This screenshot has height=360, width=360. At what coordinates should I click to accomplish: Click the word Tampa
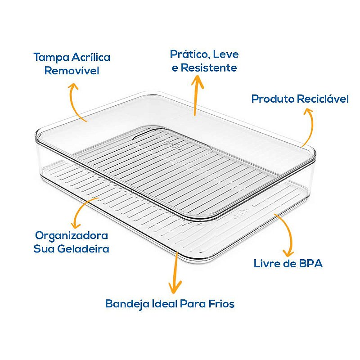click(51, 58)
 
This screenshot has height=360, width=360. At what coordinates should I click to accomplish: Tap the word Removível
click(72, 71)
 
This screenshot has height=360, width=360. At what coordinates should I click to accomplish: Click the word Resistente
click(209, 68)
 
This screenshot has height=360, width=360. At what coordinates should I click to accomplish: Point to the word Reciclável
click(323, 99)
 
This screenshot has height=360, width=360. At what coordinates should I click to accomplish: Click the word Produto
click(273, 99)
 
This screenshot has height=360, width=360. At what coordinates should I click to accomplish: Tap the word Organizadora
click(72, 236)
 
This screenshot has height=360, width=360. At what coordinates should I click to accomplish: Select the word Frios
click(221, 304)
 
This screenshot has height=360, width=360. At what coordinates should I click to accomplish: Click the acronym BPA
click(310, 264)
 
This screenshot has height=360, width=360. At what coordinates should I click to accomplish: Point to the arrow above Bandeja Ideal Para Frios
click(175, 273)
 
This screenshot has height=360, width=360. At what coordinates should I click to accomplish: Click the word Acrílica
click(91, 57)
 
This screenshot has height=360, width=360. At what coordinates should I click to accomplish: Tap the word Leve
click(226, 54)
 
